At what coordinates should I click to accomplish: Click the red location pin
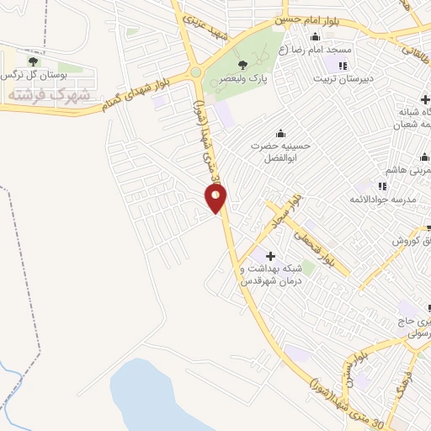216,199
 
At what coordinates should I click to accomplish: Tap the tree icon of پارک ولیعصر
242,64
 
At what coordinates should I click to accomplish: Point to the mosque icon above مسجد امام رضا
315,36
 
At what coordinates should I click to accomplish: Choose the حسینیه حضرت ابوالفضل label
280,152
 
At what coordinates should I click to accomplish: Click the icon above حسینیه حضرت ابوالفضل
280,132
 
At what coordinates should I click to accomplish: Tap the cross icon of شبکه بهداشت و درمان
270,256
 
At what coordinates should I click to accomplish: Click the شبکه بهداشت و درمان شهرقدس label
271,274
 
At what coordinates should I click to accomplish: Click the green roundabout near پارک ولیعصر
196,72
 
